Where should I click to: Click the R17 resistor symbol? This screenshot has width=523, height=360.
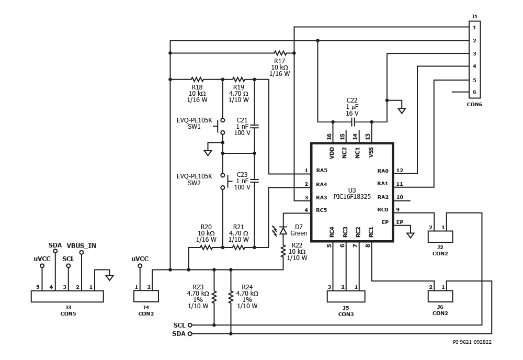point(280,53)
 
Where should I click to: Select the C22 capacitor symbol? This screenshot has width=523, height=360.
point(352,122)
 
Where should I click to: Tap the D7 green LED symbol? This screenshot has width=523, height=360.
point(283,230)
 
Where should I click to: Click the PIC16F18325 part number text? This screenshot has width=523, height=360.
point(352,197)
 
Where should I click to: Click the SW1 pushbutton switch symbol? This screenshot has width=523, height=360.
point(220,126)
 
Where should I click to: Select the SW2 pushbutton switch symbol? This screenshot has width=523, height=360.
point(224,181)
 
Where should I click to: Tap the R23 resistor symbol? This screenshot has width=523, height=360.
point(214,297)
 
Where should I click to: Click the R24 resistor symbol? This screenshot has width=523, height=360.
point(231,297)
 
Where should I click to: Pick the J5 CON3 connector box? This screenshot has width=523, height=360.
point(346,296)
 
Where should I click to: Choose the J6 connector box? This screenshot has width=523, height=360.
point(440,296)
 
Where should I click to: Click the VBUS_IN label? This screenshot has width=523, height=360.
point(82,246)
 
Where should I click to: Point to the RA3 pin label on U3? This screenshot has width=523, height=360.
point(322,197)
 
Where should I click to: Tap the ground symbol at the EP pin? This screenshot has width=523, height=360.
point(410,235)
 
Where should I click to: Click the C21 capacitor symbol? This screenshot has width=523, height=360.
point(255,127)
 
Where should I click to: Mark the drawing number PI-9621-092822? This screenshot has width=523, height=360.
point(472,342)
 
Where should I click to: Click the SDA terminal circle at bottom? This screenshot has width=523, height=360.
point(190,334)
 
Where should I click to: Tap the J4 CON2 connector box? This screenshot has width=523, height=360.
point(146,296)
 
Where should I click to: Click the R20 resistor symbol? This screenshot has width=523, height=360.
point(206,248)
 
